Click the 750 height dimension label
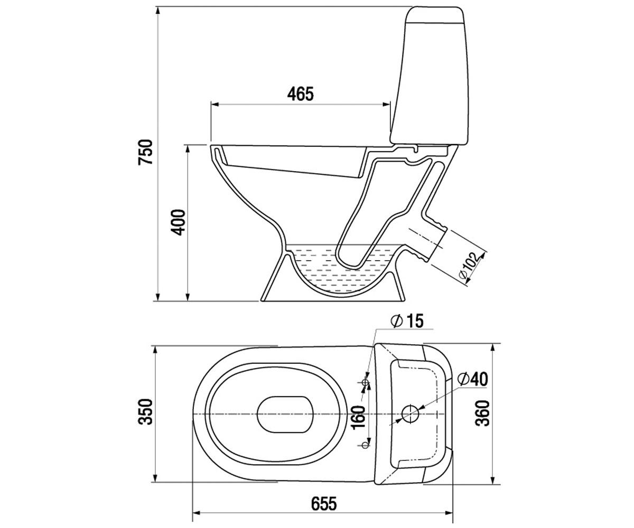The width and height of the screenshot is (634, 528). click(145, 153)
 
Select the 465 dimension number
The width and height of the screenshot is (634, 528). click(300, 94)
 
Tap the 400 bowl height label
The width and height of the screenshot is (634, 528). click(178, 222)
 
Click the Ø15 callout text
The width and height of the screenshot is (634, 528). click(407, 321)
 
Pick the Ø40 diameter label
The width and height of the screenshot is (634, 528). click(472, 379)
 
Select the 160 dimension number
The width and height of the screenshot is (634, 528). click(358, 417)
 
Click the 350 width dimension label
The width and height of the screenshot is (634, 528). click(145, 412)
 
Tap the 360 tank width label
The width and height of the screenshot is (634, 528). click(483, 413)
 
